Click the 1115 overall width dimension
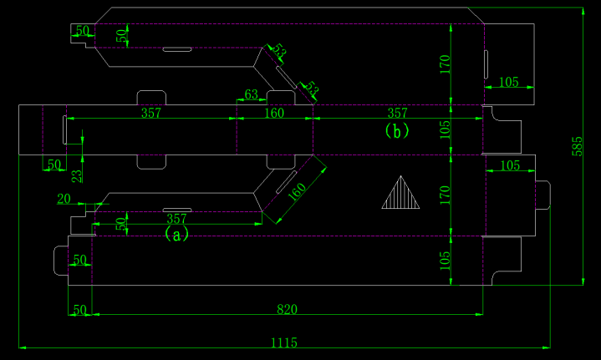(x=284, y=342)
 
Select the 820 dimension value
(x=287, y=310)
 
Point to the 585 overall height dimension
(x=577, y=145)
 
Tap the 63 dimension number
(x=250, y=94)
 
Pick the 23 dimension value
(x=77, y=175)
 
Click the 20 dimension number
(x=64, y=198)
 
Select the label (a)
(x=176, y=235)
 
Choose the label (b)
(x=396, y=130)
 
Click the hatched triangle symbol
(x=400, y=193)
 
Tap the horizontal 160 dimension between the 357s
(x=274, y=113)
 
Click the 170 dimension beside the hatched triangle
(x=445, y=195)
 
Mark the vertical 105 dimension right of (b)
(x=445, y=129)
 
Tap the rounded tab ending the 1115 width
(x=542, y=195)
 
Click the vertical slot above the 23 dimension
(x=64, y=129)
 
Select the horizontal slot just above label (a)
(x=176, y=210)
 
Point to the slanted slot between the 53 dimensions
(x=286, y=75)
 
